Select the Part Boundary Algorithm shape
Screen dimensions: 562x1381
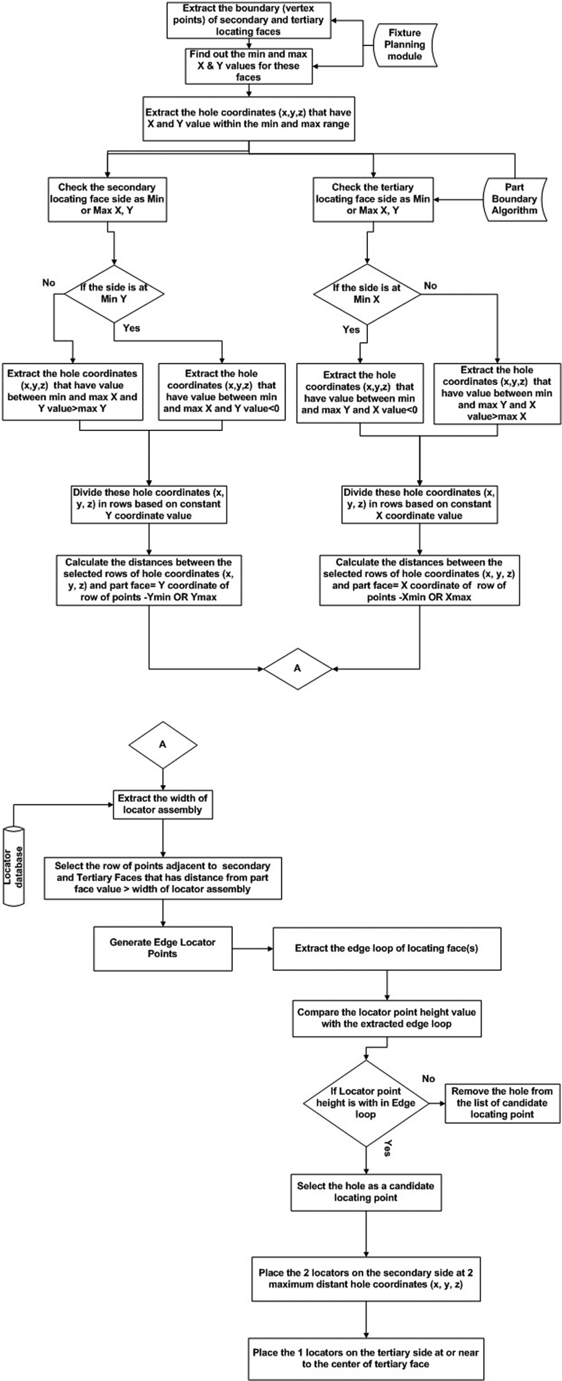click(x=515, y=199)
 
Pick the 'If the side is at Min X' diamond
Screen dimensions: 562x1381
click(x=367, y=294)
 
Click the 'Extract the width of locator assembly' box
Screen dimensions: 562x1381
click(x=162, y=804)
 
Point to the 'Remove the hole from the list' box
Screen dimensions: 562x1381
click(x=503, y=1103)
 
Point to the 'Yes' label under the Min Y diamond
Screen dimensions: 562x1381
click(x=132, y=328)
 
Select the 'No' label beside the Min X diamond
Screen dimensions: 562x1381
click(x=430, y=286)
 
